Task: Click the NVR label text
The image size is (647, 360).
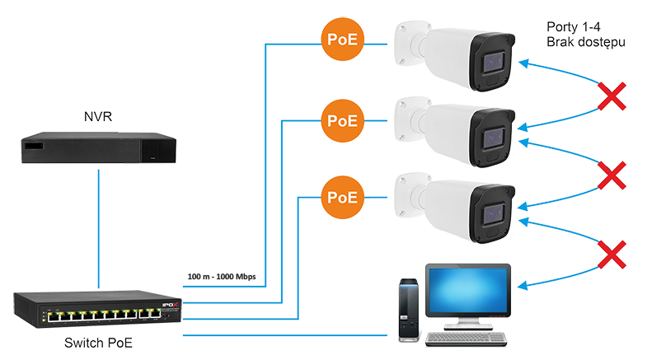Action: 98,117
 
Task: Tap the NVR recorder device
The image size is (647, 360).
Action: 99,147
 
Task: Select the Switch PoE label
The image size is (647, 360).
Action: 98,343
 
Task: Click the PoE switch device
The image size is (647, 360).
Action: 97,309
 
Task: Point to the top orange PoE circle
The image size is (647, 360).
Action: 343,40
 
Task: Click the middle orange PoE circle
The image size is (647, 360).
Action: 343,121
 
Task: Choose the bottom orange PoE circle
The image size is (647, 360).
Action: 343,198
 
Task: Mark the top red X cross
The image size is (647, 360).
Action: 612,96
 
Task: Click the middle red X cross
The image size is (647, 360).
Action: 612,175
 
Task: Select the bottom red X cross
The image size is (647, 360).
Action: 612,255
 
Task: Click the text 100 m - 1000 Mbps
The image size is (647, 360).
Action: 222,276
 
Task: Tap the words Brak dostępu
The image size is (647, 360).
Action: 586,43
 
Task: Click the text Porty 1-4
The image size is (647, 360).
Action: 574,27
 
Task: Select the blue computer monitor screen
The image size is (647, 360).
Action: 468,290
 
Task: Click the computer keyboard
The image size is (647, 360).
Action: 466,339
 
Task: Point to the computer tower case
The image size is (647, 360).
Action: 409,311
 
